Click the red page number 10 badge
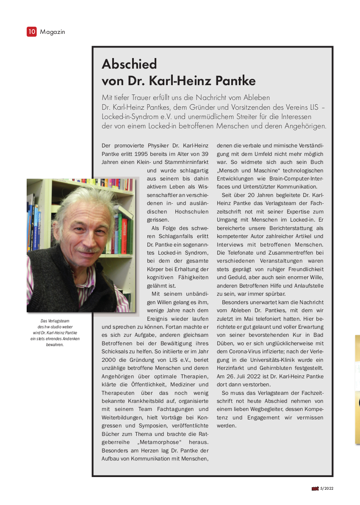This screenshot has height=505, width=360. (x=32, y=31)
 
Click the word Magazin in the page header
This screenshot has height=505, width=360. (x=53, y=32)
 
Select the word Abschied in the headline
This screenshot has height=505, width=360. (x=129, y=64)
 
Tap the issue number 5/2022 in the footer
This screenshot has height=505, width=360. (x=327, y=488)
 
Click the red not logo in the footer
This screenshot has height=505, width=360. (x=315, y=488)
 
